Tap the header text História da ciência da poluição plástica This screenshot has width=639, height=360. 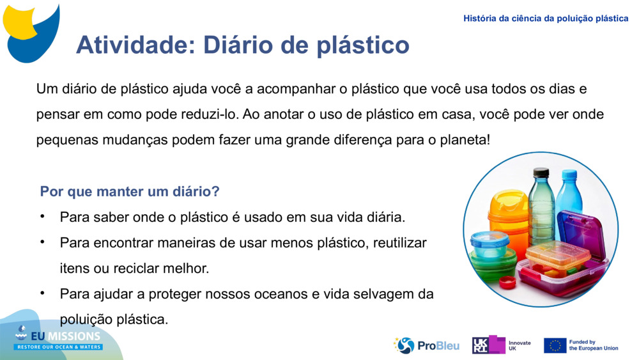546,19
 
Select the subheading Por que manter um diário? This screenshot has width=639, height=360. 130,191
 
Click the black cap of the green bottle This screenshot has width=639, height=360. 541,173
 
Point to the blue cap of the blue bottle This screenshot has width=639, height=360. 569,174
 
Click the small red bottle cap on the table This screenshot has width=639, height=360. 508,281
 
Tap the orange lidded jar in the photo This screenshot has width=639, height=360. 509,212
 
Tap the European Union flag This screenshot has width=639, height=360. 555,345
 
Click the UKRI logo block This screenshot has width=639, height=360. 489,345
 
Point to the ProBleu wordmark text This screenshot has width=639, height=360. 438,346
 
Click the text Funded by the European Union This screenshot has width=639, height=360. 594,345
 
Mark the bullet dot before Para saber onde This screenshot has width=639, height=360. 42,216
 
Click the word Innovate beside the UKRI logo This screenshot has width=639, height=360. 520,343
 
